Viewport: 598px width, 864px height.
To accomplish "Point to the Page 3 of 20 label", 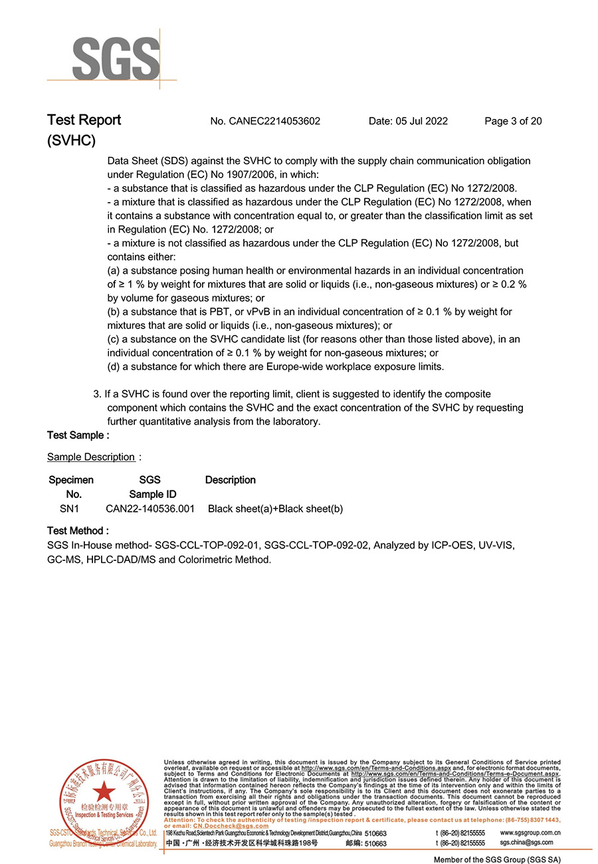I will [513, 121].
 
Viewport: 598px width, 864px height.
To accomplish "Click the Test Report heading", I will [84, 120].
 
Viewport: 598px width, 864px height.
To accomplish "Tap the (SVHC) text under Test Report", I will [71, 141].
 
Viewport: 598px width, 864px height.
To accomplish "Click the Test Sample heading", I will [78, 435].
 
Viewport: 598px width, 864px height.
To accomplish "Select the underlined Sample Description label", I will [91, 457].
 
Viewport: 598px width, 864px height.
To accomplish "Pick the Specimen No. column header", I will [71, 486].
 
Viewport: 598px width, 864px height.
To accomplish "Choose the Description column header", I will [230, 480].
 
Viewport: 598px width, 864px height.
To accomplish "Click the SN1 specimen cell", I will [69, 509].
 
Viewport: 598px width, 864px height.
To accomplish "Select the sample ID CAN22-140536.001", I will [150, 509].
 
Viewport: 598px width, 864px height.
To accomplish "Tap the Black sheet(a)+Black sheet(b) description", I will [275, 509].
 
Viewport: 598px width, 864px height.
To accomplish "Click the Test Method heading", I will [78, 531].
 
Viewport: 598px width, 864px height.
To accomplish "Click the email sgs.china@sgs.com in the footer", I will [526, 843].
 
